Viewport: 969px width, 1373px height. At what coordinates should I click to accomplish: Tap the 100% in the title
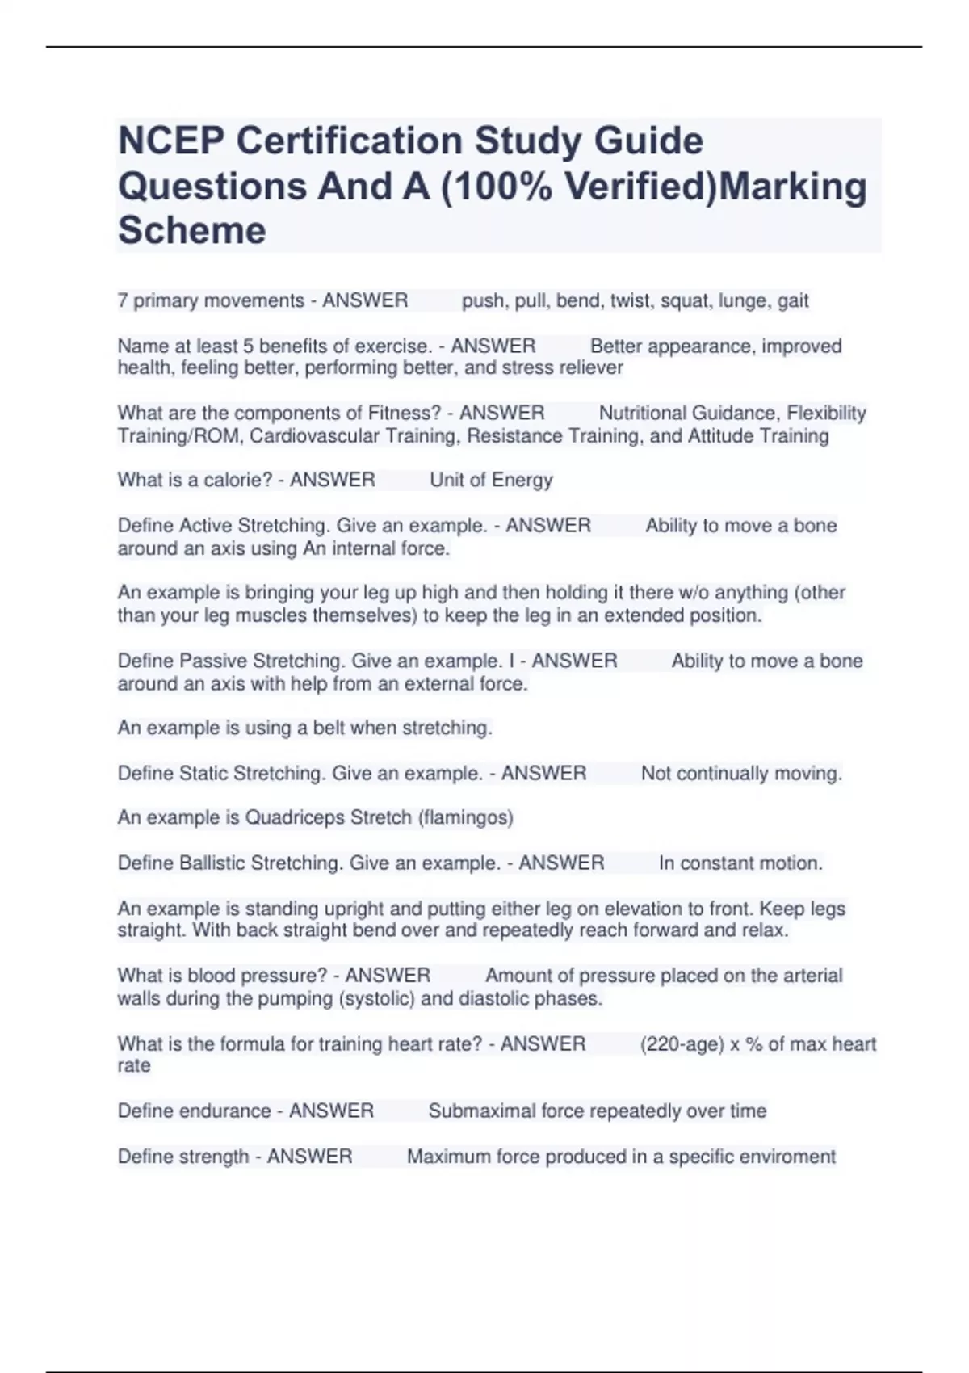[x=503, y=187]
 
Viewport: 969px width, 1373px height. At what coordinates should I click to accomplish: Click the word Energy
[x=522, y=480]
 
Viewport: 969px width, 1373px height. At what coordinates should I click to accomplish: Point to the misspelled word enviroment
[x=787, y=1157]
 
